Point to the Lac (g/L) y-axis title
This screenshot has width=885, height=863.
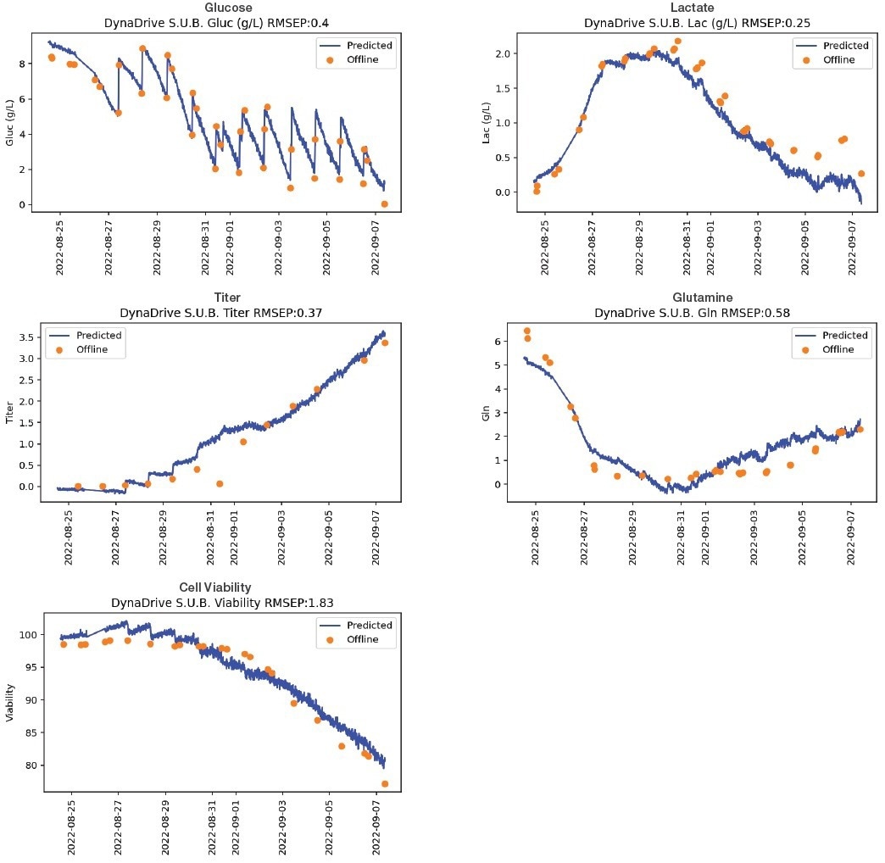pyautogui.click(x=487, y=122)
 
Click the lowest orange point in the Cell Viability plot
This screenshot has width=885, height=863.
pyautogui.click(x=385, y=784)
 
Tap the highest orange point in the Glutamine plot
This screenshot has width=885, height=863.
pyautogui.click(x=526, y=331)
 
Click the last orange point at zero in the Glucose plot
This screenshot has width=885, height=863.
pyautogui.click(x=385, y=204)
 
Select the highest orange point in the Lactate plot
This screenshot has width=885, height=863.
pyautogui.click(x=677, y=41)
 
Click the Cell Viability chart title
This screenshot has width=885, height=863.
pyautogui.click(x=214, y=587)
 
